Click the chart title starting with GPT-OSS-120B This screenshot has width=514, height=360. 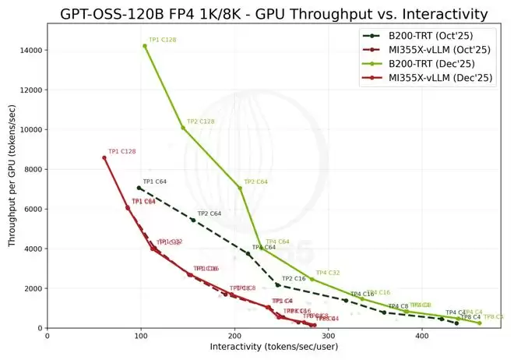pos(265,13)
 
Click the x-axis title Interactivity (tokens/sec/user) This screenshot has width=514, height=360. pos(273,347)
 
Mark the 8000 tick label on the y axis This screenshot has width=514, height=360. pos(33,169)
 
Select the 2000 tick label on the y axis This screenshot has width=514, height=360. pos(33,288)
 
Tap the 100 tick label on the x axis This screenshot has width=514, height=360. pos(140,337)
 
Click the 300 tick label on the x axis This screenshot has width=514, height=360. pos(328,337)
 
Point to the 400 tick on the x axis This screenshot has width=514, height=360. pos(421,337)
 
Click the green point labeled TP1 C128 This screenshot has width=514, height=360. pos(145,46)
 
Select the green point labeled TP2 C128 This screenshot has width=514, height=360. pos(183,128)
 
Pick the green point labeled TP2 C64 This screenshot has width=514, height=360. pos(240,188)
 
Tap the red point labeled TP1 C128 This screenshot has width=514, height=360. pos(104,157)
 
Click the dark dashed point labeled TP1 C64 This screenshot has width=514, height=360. pos(139,188)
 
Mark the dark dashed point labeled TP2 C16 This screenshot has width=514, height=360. pos(278,285)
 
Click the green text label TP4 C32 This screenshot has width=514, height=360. pos(328,273)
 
